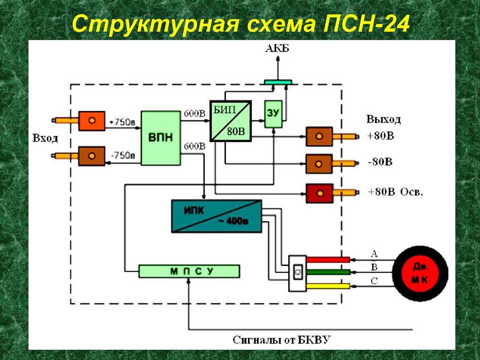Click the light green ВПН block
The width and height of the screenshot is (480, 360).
click(x=161, y=138)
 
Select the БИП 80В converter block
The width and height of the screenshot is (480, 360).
click(x=230, y=120)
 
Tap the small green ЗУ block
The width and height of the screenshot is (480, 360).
click(x=273, y=114)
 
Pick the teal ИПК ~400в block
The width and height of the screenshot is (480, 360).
click(x=216, y=216)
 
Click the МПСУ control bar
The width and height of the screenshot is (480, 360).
click(x=189, y=271)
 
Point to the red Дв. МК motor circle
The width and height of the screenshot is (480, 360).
click(x=420, y=273)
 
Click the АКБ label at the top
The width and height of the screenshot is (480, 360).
click(x=277, y=49)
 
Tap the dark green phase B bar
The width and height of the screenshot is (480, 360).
click(x=328, y=272)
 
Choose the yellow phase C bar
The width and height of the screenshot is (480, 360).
click(x=328, y=285)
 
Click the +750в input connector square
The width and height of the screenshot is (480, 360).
click(x=92, y=121)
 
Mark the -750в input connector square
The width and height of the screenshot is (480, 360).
click(x=92, y=155)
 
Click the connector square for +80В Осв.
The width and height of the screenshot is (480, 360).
click(x=319, y=193)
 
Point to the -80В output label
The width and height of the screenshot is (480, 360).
click(x=380, y=163)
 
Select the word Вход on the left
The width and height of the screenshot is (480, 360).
click(x=45, y=138)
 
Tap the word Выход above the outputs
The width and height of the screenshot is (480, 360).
click(x=384, y=120)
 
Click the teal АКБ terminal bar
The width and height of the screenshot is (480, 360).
click(x=278, y=82)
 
